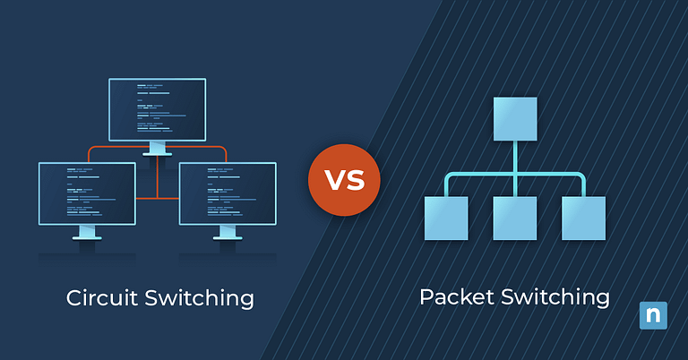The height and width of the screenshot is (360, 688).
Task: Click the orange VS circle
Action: pos(344,179)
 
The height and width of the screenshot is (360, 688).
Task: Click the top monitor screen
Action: pos(157,108)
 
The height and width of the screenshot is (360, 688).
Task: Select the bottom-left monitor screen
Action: pos(87,193)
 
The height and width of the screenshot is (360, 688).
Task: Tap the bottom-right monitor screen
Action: pos(228,193)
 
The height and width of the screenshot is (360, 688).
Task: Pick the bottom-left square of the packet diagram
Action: pos(446,219)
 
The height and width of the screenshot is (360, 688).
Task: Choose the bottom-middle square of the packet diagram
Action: pos(515,219)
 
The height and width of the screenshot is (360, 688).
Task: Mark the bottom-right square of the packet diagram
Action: pos(584,219)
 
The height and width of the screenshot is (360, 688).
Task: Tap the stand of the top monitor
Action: pos(157,148)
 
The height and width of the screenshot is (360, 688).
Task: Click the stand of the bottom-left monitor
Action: pos(87,233)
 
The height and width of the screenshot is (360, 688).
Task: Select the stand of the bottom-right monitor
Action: pos(228,233)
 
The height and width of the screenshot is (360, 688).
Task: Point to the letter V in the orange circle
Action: pos(333,179)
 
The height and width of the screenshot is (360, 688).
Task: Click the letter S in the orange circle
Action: pos(356,179)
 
